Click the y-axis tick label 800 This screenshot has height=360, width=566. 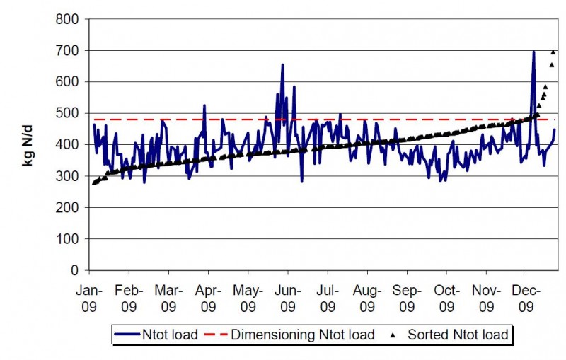point(69,20)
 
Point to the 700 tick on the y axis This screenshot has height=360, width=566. point(69,51)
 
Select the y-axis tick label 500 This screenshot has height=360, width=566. point(69,114)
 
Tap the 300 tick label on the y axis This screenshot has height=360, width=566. point(69,176)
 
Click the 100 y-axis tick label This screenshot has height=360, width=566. point(69,239)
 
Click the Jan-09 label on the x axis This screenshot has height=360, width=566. point(89,298)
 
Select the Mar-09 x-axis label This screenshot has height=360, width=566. point(168,298)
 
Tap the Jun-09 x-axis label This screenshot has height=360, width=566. point(287,298)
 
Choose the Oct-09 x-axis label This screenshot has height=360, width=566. point(446,298)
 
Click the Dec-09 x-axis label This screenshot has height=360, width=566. point(525,298)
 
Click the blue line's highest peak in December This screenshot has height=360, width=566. point(533,52)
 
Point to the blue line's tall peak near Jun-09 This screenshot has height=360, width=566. point(282,65)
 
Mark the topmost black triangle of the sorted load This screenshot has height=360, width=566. point(553,52)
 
